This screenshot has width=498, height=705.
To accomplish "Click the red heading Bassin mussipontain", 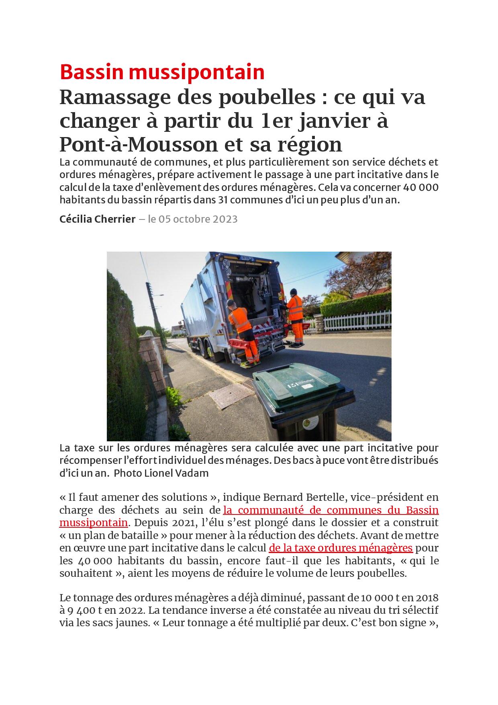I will coord(162,72).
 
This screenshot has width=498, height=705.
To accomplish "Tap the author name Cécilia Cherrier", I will coord(97,219).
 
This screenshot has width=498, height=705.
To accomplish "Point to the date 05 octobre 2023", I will coord(198,219).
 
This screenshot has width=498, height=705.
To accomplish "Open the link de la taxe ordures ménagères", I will coord(341,548).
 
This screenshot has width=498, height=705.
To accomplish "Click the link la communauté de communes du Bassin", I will coord(331,510).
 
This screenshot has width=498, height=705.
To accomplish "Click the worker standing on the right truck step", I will coord(296,316).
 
